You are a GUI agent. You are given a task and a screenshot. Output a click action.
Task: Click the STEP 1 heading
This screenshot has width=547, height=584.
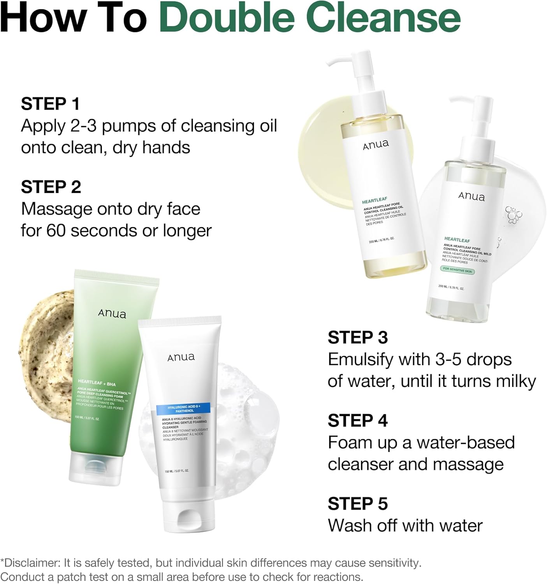click(50, 104)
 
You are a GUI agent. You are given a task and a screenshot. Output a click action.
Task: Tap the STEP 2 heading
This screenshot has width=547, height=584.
click(51, 187)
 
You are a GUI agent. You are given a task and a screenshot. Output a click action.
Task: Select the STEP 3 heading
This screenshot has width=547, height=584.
click(358, 338)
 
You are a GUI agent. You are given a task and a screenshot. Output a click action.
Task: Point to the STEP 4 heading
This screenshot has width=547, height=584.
click(358, 420)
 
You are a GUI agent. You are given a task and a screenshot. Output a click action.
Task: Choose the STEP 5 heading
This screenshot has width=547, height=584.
click(358, 503)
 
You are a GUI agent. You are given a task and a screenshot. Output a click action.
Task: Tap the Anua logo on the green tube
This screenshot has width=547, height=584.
click(112, 313)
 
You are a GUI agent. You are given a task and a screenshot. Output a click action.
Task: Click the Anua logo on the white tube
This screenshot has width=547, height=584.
click(181, 357)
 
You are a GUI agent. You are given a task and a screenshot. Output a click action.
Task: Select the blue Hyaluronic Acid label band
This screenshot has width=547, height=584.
click(183, 408)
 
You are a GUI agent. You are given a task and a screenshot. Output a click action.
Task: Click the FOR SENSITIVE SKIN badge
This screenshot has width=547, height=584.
click(457, 270)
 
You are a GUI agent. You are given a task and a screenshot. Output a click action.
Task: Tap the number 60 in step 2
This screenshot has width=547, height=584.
click(56, 230)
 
